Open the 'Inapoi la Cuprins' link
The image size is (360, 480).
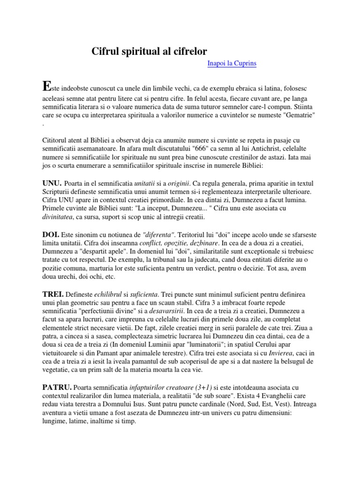pos(232,63)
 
